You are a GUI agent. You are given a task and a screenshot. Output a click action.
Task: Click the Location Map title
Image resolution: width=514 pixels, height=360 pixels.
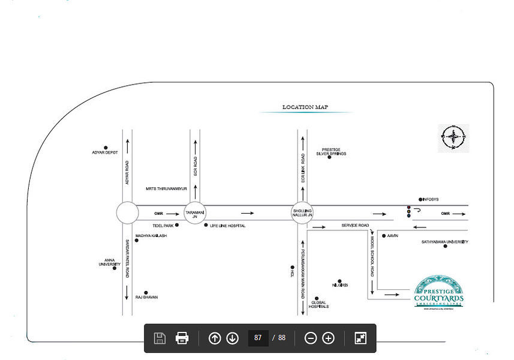(305, 107)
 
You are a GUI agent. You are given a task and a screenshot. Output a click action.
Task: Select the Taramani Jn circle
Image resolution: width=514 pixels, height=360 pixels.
(195, 213)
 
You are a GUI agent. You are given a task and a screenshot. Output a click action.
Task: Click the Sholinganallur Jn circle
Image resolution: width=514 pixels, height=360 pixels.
(303, 213)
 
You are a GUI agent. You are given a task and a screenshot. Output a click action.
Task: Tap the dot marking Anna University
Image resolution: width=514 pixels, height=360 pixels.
(115, 268)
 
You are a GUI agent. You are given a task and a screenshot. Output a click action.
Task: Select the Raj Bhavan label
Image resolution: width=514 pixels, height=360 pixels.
(146, 297)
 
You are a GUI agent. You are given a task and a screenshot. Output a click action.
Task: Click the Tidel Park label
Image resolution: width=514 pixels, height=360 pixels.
(163, 226)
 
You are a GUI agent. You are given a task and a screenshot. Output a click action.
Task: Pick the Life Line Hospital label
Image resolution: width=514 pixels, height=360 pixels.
(227, 226)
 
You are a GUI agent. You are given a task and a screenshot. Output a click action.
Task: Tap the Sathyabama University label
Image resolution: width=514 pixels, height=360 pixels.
(444, 242)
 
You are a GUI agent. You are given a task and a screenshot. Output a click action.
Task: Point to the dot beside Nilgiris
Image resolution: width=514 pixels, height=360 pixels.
(339, 281)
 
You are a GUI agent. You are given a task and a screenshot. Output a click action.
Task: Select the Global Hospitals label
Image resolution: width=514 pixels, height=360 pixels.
(318, 304)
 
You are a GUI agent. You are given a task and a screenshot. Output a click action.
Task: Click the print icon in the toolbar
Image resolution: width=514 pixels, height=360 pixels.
(182, 338)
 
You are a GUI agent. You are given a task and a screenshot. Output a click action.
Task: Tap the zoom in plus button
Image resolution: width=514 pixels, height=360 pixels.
(328, 338)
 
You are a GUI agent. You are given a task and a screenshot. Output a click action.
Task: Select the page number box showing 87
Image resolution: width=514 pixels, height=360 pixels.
(258, 338)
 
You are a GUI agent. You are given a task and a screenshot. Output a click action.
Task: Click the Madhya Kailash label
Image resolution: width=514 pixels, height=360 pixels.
(151, 236)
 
